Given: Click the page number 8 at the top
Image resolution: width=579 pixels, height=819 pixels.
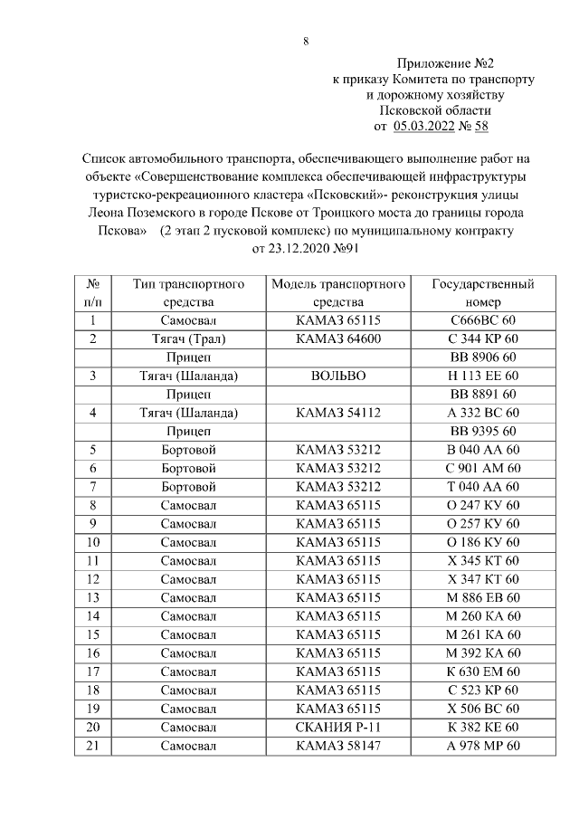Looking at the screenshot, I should (x=306, y=41).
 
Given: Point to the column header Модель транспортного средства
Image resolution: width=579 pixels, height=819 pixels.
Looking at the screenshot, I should (x=337, y=292).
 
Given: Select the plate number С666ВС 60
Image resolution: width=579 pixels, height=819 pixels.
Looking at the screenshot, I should (x=484, y=319).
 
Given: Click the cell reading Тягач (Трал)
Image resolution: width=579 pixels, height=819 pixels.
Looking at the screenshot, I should (x=188, y=338).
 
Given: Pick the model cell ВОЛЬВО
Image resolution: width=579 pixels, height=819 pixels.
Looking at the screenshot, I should (x=337, y=375).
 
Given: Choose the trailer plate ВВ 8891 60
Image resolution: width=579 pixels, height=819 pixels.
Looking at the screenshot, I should (x=484, y=394).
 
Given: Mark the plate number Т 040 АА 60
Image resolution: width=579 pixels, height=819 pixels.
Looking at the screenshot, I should (x=484, y=486).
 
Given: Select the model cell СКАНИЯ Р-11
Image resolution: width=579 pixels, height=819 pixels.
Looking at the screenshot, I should (x=337, y=727).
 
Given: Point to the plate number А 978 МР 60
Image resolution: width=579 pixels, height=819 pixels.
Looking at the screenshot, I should (x=484, y=745).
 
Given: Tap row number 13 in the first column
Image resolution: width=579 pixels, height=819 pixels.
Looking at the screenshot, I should (x=92, y=597).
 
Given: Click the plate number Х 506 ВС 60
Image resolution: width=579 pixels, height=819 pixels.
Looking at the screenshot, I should (x=484, y=708).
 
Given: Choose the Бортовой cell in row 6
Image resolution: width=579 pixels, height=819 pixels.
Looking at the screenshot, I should (x=188, y=467).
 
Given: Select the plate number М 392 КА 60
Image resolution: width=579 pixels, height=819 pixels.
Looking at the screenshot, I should (x=484, y=652).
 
